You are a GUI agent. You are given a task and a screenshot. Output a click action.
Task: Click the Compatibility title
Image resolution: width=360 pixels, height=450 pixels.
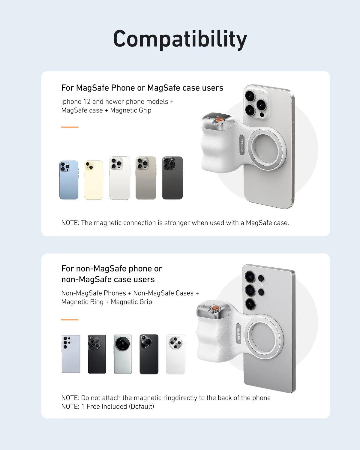pyautogui.click(x=180, y=39)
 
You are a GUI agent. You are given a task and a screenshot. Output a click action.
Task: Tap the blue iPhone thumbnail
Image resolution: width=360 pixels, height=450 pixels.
pyautogui.click(x=69, y=180)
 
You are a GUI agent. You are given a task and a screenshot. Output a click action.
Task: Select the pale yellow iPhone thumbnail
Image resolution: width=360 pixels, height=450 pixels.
pyautogui.click(x=94, y=180)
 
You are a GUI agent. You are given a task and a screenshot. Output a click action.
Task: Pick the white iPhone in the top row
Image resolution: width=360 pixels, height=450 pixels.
pyautogui.click(x=120, y=178)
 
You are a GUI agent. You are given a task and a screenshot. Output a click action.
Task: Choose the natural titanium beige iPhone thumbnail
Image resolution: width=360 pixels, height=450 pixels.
pyautogui.click(x=146, y=178)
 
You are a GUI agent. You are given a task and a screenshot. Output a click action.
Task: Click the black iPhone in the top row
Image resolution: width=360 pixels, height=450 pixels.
pyautogui.click(x=172, y=178)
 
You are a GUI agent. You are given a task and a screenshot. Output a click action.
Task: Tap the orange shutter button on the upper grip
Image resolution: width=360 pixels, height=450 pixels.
pyautogui.click(x=220, y=120)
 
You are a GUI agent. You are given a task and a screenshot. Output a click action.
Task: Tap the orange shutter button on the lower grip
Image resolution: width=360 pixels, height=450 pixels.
pyautogui.click(x=215, y=308)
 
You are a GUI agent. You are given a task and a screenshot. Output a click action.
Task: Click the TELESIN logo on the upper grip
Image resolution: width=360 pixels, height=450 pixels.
pyautogui.click(x=242, y=145)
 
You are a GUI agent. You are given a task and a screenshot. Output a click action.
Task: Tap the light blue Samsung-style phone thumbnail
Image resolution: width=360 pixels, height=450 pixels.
pyautogui.click(x=71, y=354)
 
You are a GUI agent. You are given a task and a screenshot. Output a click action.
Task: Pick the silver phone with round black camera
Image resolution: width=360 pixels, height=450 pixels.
pyautogui.click(x=123, y=354)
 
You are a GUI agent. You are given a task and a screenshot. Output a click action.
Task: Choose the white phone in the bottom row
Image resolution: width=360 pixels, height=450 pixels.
pyautogui.click(x=175, y=354)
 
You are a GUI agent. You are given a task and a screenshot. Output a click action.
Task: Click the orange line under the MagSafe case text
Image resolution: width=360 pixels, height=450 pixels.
pyautogui.click(x=70, y=127)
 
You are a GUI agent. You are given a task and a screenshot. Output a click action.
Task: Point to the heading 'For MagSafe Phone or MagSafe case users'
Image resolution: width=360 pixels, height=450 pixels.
pyautogui.click(x=142, y=88)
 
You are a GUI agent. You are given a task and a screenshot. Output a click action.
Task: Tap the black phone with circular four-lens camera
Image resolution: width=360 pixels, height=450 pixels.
pyautogui.click(x=97, y=354)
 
